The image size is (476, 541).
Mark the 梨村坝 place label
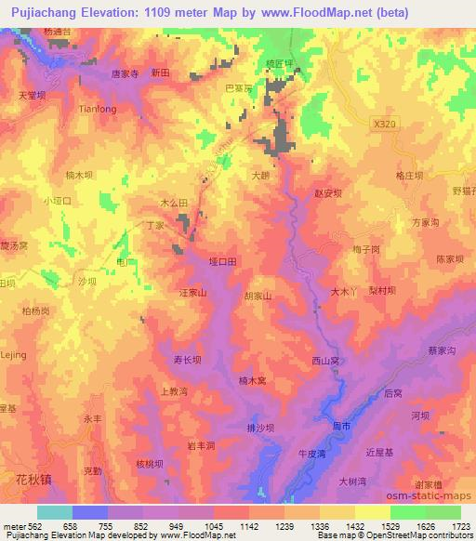(380, 291)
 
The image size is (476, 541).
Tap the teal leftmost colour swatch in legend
(55, 512)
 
